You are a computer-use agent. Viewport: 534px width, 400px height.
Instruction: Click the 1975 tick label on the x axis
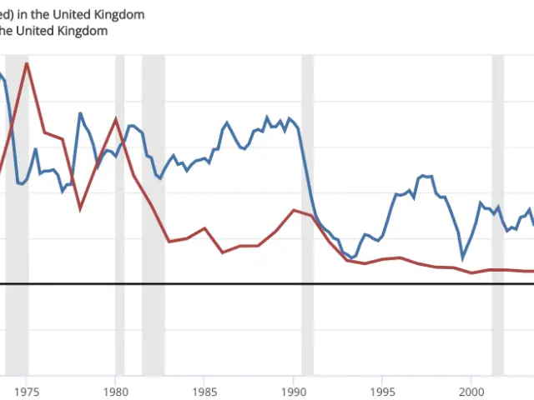[x=27, y=390]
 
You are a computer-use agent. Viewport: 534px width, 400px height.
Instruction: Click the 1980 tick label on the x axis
[x=116, y=390]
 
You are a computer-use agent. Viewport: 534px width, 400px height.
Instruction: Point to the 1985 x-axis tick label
[x=204, y=390]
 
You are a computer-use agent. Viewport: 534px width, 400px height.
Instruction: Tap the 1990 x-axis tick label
[x=294, y=390]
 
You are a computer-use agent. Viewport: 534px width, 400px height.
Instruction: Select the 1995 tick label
[x=383, y=390]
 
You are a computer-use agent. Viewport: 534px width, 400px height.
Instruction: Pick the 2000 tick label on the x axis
[x=471, y=390]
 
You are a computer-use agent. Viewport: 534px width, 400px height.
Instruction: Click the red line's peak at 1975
[x=28, y=63]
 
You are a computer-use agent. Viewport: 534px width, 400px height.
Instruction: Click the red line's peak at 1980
[x=116, y=118]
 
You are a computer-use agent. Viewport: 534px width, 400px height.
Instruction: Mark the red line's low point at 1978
[x=80, y=208]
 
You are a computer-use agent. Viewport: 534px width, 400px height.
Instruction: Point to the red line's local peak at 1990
[x=294, y=210]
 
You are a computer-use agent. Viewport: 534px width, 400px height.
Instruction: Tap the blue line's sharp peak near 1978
[x=80, y=113]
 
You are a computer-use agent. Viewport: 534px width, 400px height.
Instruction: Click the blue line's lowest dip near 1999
[x=463, y=258]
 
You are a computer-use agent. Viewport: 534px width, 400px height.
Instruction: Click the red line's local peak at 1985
[x=204, y=227]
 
